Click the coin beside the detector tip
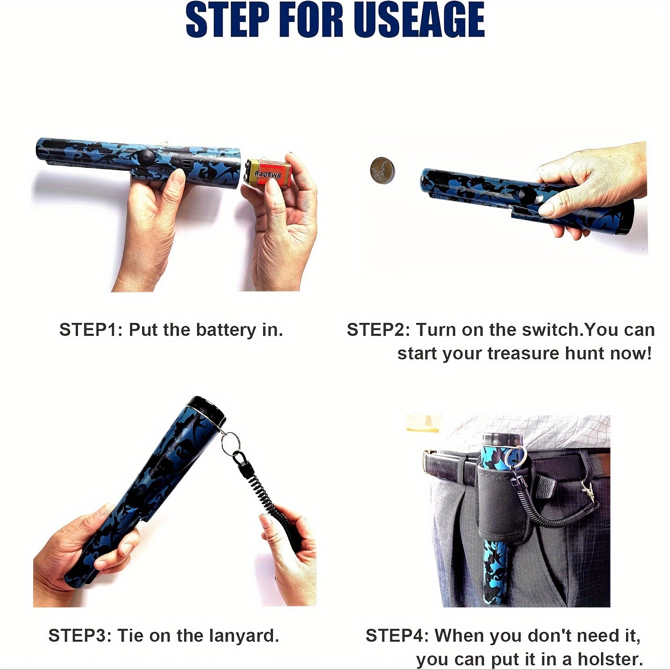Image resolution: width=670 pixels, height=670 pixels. [x=383, y=170]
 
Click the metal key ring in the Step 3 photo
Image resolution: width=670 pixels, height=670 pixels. [x=230, y=441]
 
